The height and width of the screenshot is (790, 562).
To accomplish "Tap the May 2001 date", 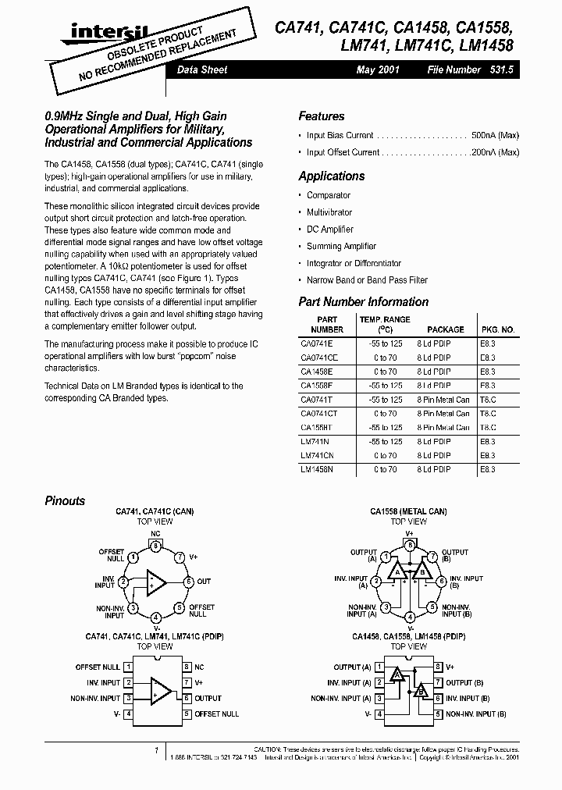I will click(378, 69).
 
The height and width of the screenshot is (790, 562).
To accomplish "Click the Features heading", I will click(321, 116).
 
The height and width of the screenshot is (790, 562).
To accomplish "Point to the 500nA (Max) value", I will click(496, 135).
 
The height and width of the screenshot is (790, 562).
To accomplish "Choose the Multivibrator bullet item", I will click(329, 212).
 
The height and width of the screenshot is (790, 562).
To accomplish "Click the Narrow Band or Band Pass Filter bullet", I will click(367, 280).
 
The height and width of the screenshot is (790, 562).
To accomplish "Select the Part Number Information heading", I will click(363, 302).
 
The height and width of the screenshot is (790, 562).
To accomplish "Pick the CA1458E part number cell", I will click(316, 372).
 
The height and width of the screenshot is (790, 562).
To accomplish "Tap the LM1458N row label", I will click(316, 470).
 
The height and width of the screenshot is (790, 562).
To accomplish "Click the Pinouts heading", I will click(65, 501).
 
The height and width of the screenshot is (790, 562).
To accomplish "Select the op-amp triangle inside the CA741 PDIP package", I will click(160, 690).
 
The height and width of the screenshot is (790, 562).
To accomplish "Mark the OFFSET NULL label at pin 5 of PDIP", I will click(217, 714).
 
